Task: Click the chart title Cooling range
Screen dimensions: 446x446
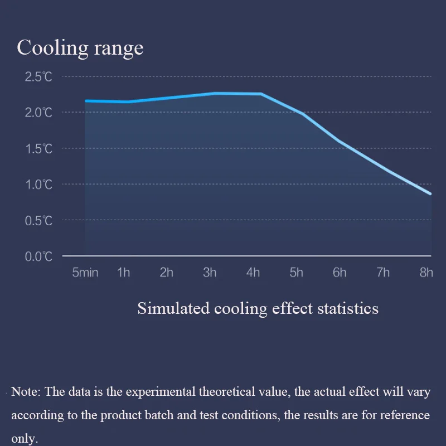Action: pos(80,48)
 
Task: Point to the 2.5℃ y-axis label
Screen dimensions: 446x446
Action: pos(38,77)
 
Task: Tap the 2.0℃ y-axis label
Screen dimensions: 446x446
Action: pos(38,113)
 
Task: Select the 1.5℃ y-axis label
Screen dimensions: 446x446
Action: pos(38,149)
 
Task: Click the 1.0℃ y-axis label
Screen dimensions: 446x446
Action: pos(38,185)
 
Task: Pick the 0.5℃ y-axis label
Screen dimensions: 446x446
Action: pos(38,221)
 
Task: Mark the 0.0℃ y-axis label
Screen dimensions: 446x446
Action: pos(38,257)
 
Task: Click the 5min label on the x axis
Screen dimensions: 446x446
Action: pos(85,273)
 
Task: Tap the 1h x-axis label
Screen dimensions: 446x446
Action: pos(124,273)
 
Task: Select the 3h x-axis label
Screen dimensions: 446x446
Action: pos(210,273)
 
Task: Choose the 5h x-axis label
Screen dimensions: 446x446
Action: pos(296,273)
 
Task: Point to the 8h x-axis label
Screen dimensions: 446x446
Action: pos(426,273)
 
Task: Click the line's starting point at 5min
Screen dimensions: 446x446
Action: pos(86,101)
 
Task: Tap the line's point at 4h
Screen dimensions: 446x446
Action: pos(260,94)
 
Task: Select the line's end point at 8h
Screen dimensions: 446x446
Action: pos(430,194)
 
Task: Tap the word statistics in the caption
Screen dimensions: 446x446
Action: pos(349,308)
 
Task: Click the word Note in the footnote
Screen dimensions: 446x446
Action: pos(25,391)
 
